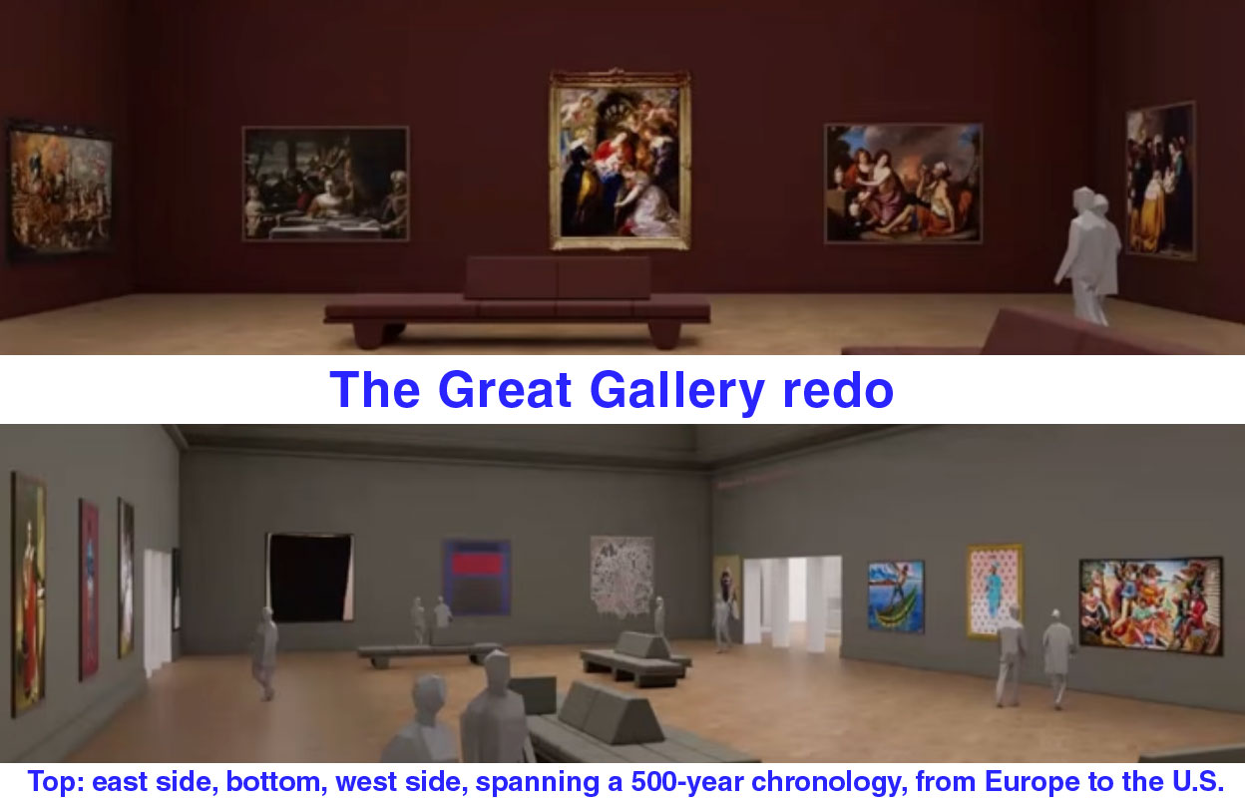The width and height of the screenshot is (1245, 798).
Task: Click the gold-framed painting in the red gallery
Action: click(x=620, y=160)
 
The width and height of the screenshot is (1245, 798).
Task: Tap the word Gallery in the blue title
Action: click(x=677, y=391)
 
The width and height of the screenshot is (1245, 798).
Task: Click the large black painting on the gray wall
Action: click(x=310, y=577)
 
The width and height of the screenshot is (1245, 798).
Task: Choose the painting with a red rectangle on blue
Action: click(x=477, y=578)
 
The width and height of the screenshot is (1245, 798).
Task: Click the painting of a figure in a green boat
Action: click(x=896, y=597)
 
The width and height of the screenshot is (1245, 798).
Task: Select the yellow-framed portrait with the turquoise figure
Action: click(x=995, y=591)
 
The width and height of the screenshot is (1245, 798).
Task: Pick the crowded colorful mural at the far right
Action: click(x=1150, y=605)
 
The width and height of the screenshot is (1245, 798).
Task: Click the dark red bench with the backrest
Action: click(x=517, y=302)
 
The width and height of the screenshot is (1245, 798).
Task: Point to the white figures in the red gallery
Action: click(x=1087, y=255)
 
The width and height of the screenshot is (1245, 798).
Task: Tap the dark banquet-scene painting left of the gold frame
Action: click(x=325, y=184)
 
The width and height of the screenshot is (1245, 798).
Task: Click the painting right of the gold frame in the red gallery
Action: click(x=903, y=184)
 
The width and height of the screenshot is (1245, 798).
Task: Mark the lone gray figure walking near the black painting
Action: click(x=264, y=652)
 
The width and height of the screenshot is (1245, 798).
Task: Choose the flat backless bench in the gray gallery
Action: click(x=428, y=653)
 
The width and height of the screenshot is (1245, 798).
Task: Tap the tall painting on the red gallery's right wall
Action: click(x=1160, y=181)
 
